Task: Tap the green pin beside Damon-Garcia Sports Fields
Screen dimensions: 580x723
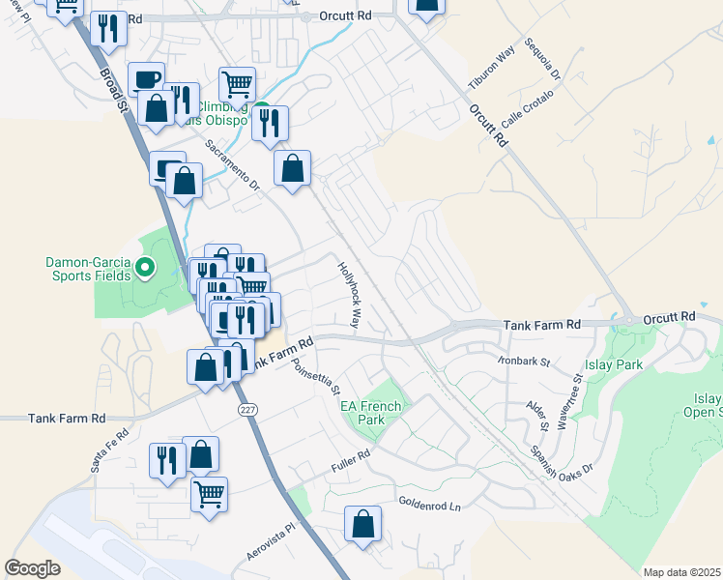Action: [x=146, y=267]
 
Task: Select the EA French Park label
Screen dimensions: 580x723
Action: [x=362, y=413]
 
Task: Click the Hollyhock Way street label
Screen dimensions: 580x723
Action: [x=349, y=294]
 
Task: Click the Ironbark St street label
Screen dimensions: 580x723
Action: [x=525, y=362]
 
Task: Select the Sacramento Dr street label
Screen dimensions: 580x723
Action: [x=233, y=168]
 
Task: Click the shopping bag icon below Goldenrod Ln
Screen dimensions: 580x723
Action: [x=362, y=525]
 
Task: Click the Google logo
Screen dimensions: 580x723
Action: [x=32, y=569]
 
